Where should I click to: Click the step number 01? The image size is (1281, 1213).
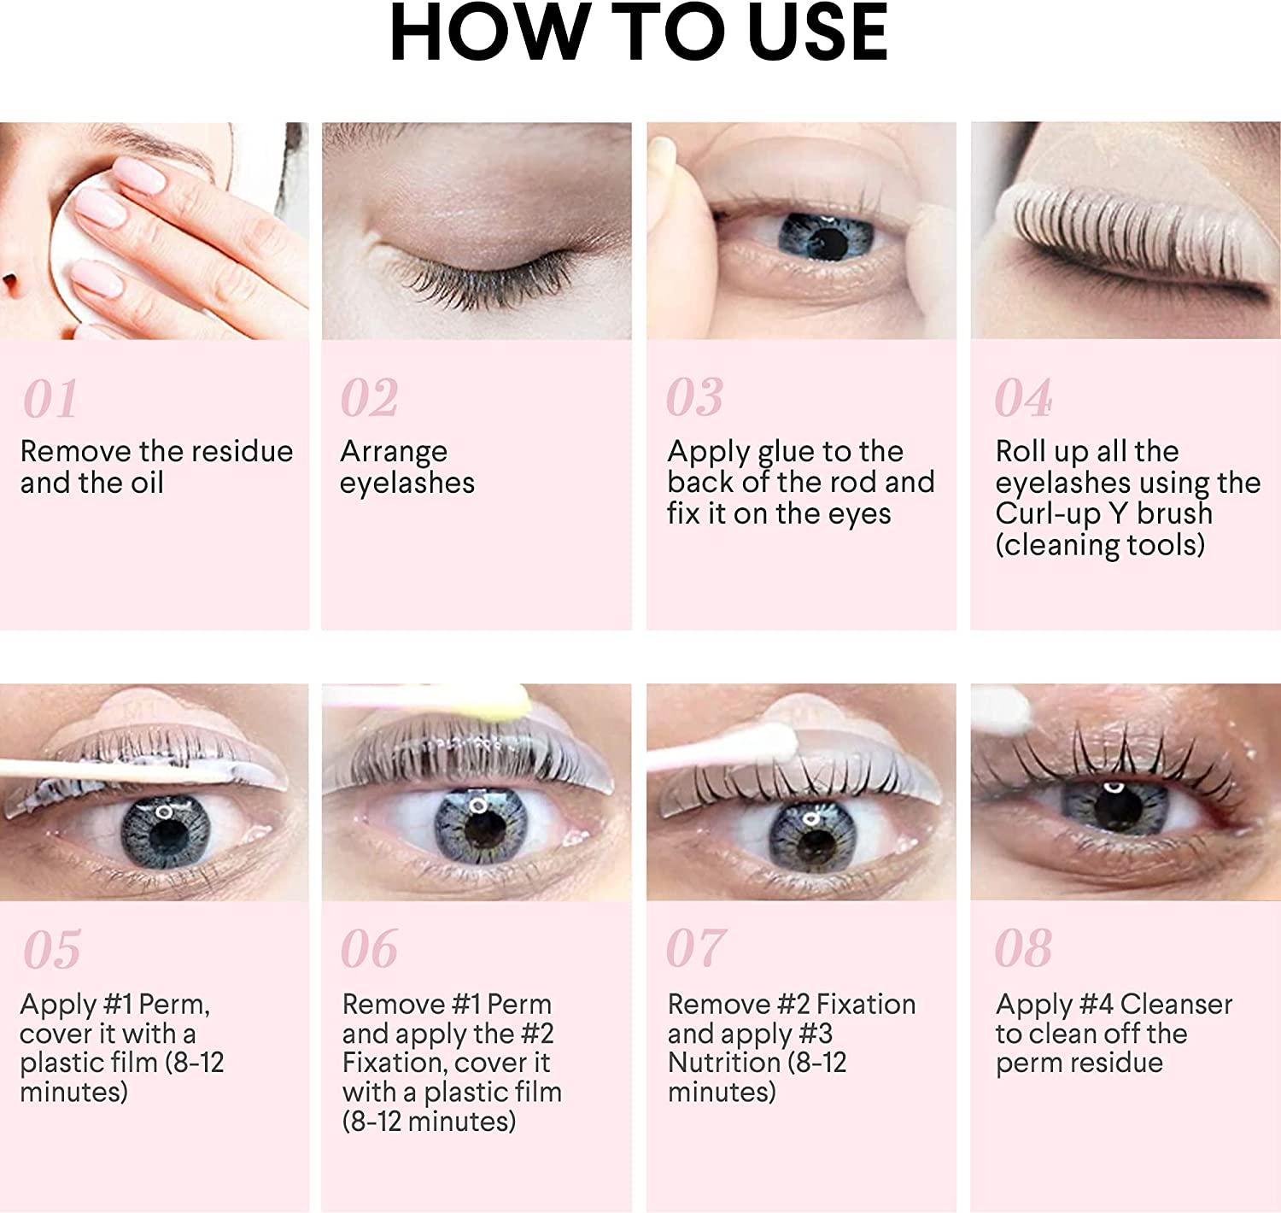(x=50, y=399)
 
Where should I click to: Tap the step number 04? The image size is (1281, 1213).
(x=1023, y=399)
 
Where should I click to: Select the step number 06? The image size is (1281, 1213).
(x=369, y=950)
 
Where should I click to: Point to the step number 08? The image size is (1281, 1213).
(x=1023, y=950)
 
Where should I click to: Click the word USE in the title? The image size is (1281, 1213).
(x=817, y=34)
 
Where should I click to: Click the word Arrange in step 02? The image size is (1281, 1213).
(x=394, y=451)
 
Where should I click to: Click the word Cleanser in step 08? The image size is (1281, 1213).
(x=1176, y=1005)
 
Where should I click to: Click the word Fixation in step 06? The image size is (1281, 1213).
(x=392, y=1063)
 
